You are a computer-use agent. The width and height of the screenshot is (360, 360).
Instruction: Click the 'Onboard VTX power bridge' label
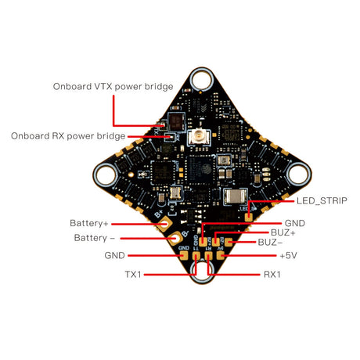pyautogui.click(x=113, y=87)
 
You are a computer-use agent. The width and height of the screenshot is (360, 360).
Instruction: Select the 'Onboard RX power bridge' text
pyautogui.click(x=68, y=136)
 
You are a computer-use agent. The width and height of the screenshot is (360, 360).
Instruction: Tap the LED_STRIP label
pyautogui.click(x=322, y=200)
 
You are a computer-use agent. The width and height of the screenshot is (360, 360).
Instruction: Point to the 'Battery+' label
pyautogui.click(x=89, y=223)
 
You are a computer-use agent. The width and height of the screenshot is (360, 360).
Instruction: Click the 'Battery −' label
pyautogui.click(x=95, y=238)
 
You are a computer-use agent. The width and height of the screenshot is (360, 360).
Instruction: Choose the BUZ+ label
pyautogui.click(x=283, y=232)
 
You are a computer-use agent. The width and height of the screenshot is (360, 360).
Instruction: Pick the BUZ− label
pyautogui.click(x=270, y=243)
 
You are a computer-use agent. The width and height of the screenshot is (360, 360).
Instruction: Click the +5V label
pyautogui.click(x=288, y=255)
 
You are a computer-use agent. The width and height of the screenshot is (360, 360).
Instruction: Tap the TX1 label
pyautogui.click(x=133, y=275)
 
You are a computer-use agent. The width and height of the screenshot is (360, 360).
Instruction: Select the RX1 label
pyautogui.click(x=272, y=275)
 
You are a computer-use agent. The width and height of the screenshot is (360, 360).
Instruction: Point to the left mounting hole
pyautogui.click(x=106, y=175)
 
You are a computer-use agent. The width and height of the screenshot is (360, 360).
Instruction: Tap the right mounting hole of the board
pyautogui.click(x=299, y=174)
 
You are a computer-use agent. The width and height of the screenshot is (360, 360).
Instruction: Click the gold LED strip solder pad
pyautogui.click(x=249, y=217)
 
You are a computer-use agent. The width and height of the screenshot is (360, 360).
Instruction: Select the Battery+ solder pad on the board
pyautogui.click(x=164, y=224)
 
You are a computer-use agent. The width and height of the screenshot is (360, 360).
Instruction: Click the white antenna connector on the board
pyautogui.click(x=199, y=136)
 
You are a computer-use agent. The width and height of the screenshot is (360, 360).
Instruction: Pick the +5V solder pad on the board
pyautogui.click(x=221, y=255)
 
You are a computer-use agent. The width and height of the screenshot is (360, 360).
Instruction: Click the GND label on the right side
pyautogui.click(x=295, y=223)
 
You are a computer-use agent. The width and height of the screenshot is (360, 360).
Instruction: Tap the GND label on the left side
pyautogui.click(x=114, y=255)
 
